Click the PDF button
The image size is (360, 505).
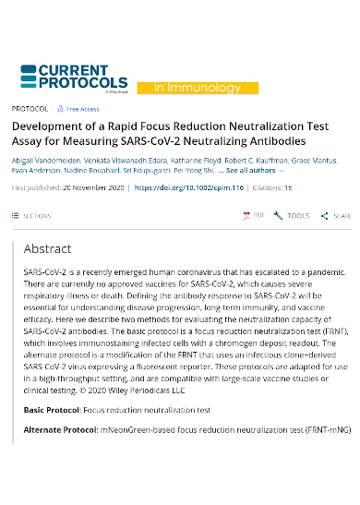(253, 215)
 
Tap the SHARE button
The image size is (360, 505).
(336, 215)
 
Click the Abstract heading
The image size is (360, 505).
(47, 249)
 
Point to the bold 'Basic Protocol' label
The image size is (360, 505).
(51, 409)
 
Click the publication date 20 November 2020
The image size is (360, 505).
(90, 187)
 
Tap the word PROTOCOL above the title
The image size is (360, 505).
(30, 109)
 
